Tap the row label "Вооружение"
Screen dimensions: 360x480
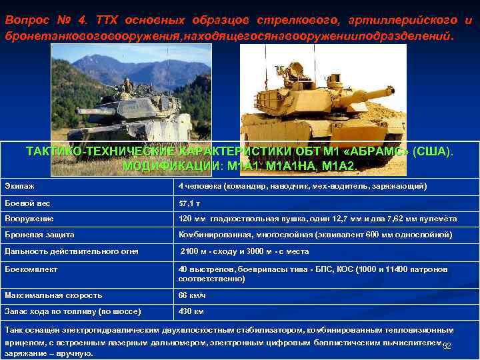[29, 219]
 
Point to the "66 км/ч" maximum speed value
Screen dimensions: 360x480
[192, 295]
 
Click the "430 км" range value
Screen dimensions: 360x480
[191, 311]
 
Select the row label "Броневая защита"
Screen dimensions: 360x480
[39, 235]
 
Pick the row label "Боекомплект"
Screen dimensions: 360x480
[31, 269]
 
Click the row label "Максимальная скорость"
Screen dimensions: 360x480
[53, 295]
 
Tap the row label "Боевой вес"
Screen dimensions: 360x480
[27, 203]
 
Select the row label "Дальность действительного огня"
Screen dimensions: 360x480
[71, 251]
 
